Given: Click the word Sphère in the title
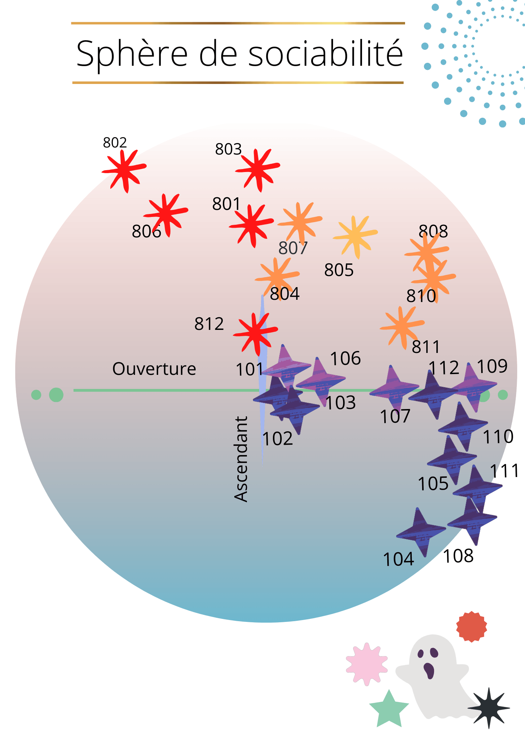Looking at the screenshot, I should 132,54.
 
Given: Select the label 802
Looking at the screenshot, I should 115,143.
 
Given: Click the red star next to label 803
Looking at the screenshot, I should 257,169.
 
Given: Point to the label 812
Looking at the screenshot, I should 209,324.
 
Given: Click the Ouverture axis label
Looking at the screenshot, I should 154,369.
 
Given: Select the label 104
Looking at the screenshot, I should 398,559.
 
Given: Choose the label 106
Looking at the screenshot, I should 345,358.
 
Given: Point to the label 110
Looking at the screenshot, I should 498,437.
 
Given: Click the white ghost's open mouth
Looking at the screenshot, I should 429,670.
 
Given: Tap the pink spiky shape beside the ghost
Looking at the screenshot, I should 366,664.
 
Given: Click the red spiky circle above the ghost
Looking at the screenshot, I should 471,627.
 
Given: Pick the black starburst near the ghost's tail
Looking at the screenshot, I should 489,708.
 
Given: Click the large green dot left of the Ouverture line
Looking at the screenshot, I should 56,395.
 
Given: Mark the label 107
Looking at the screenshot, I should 395,416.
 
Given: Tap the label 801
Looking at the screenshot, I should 226,204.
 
